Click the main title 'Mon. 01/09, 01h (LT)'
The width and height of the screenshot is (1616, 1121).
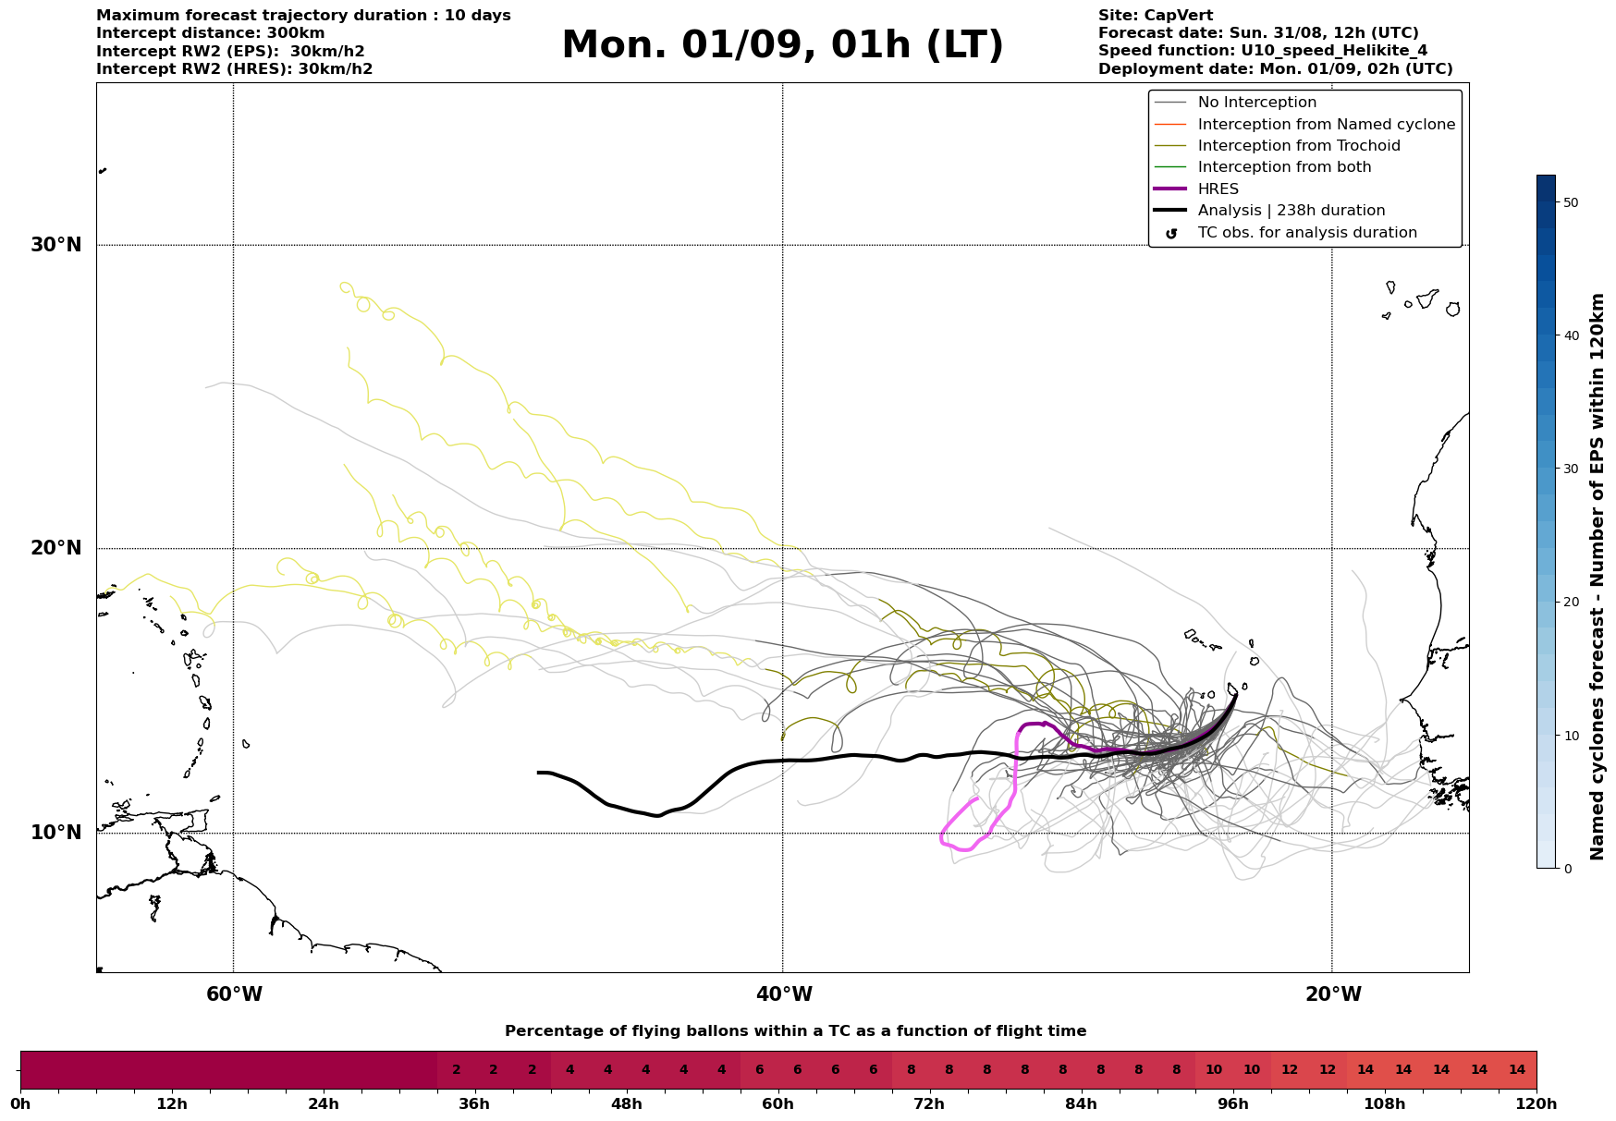[x=782, y=45]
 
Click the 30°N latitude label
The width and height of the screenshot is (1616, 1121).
[x=55, y=245]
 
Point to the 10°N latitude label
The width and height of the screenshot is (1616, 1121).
[x=55, y=833]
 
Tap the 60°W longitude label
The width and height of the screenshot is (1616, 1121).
[x=234, y=994]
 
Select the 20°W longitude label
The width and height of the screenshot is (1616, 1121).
[x=1332, y=994]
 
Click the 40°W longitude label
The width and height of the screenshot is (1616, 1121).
[x=783, y=994]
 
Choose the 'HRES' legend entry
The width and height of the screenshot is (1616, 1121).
[x=1218, y=189]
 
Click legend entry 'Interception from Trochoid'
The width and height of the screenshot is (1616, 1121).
[x=1298, y=146]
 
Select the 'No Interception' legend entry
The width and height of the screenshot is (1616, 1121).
[x=1256, y=103]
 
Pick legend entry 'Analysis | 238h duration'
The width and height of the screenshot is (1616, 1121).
[x=1291, y=211]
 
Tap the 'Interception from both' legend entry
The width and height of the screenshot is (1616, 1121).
[x=1284, y=167]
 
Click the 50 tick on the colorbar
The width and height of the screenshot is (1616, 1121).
[x=1571, y=202]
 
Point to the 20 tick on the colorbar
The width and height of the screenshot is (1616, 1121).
[x=1571, y=602]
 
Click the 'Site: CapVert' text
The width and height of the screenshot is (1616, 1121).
[x=1155, y=16]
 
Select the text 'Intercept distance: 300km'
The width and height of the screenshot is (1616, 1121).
[x=210, y=33]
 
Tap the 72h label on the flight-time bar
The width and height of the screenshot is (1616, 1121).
[x=929, y=1104]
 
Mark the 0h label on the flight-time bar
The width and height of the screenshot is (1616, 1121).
[x=20, y=1104]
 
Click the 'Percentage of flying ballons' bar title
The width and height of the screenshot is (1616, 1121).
[x=795, y=1031]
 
